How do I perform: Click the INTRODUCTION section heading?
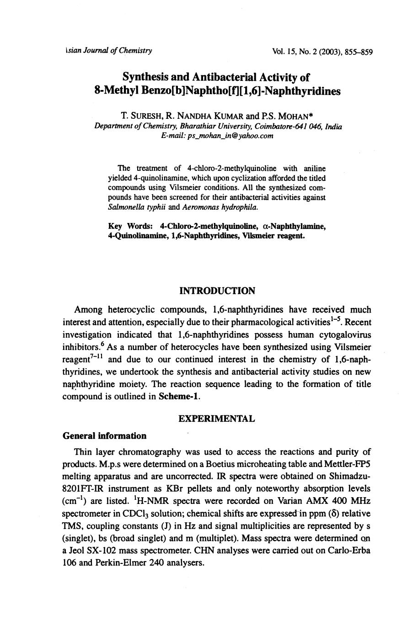click(217, 291)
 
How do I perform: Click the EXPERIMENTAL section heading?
click(216, 419)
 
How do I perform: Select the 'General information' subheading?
click(104, 436)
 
